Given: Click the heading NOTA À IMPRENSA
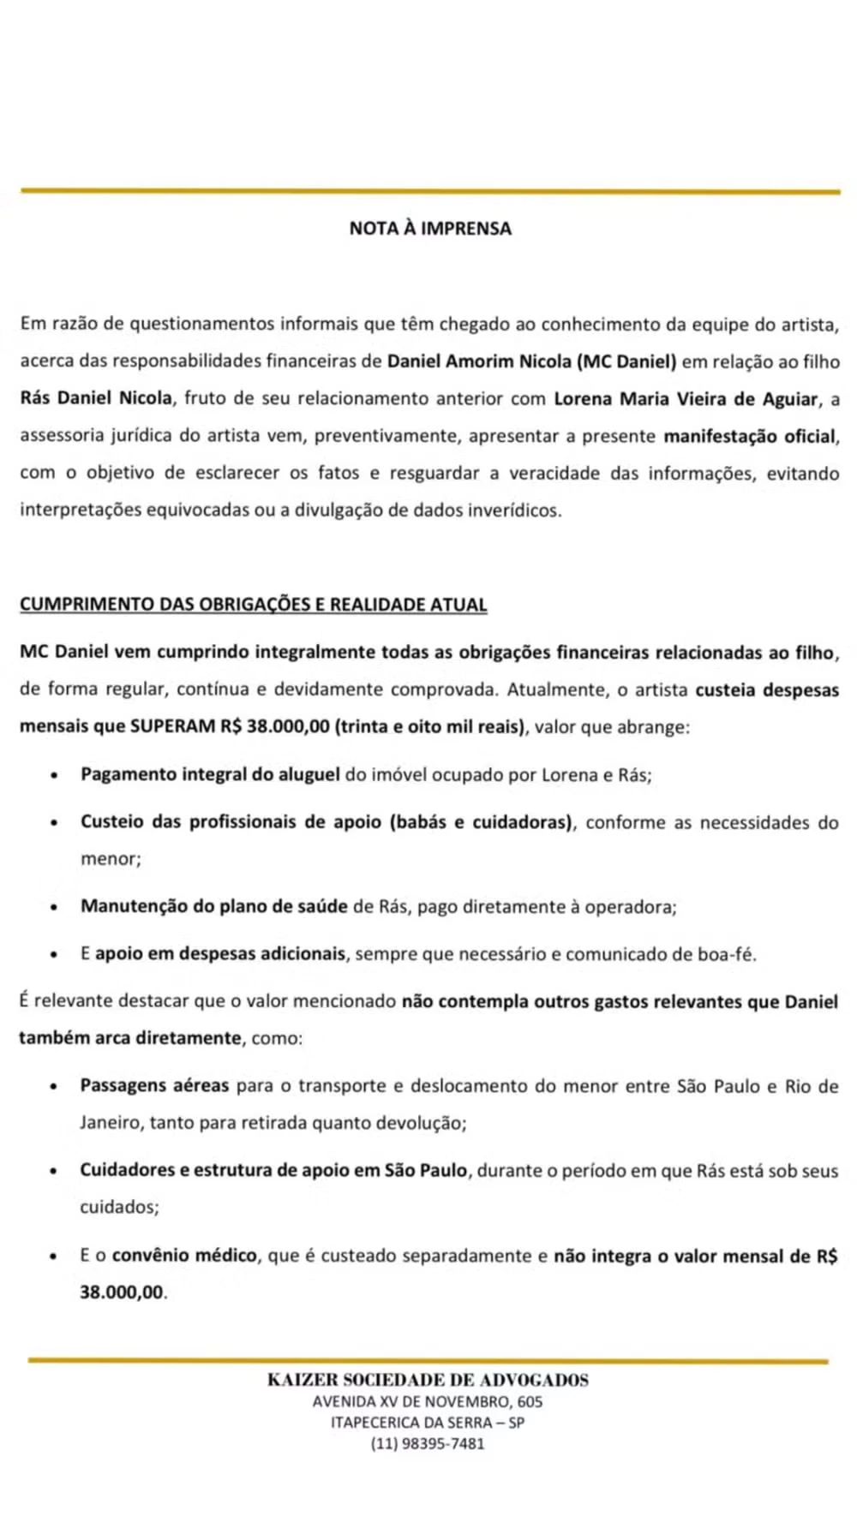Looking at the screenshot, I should (x=429, y=229).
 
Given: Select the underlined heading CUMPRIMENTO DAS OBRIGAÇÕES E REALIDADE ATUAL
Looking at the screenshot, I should (x=253, y=605).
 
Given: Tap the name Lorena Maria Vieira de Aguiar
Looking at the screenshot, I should (x=686, y=399).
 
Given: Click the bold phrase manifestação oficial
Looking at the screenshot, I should (x=750, y=436).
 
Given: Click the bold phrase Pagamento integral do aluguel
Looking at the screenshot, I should (x=210, y=774).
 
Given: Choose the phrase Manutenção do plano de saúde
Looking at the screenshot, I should (x=214, y=906).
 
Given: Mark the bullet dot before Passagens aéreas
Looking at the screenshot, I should (x=54, y=1087).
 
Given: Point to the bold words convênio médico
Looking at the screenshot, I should (x=184, y=1256).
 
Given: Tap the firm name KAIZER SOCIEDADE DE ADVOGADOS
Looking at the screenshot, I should (x=428, y=1380).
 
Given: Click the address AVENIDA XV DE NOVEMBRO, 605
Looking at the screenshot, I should (x=428, y=1402).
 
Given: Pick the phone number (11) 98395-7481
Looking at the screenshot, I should (x=428, y=1443).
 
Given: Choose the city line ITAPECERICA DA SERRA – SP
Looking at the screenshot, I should (x=428, y=1423).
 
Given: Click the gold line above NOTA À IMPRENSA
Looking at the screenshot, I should (x=429, y=191).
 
